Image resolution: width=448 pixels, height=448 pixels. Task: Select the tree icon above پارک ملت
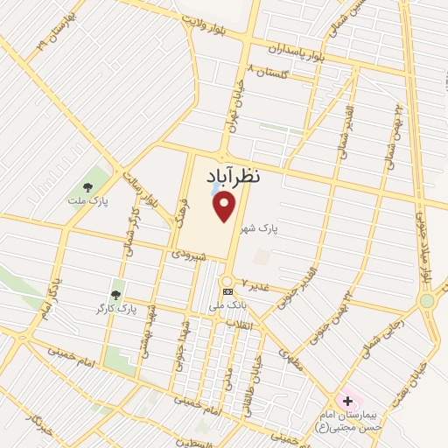pyautogui.click(x=87, y=186)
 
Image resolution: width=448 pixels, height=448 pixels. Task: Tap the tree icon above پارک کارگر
pyautogui.click(x=115, y=295)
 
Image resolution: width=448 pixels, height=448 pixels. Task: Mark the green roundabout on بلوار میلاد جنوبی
pyautogui.click(x=426, y=300)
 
